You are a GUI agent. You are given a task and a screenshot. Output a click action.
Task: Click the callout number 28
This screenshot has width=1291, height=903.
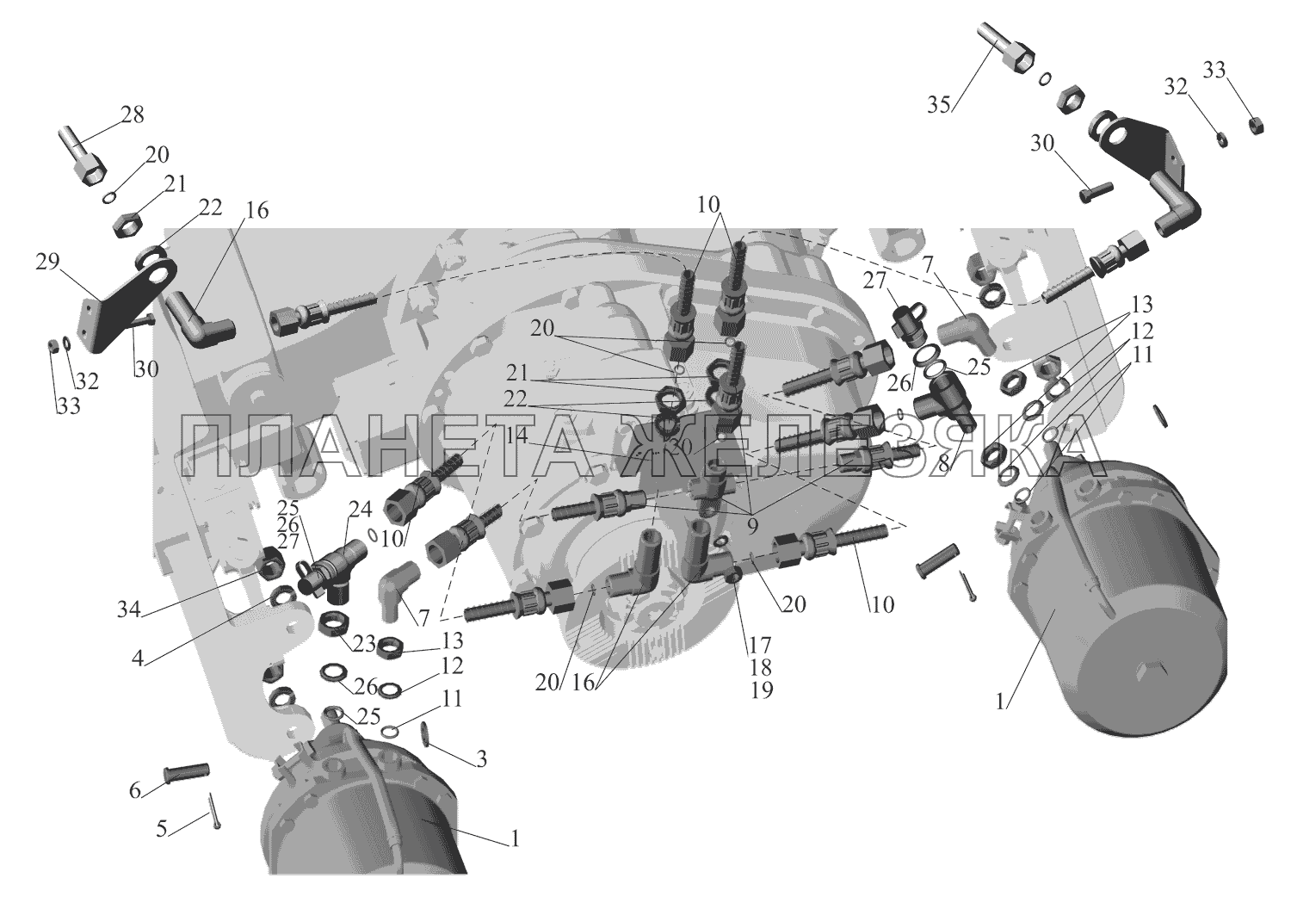click(133, 115)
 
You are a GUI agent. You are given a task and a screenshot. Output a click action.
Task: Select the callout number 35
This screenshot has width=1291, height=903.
click(938, 105)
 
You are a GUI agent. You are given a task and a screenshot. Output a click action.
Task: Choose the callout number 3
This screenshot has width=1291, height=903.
click(481, 758)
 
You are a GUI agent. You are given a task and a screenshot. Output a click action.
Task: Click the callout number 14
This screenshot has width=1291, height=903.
click(516, 436)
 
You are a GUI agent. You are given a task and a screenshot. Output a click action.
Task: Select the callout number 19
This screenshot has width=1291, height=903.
click(762, 689)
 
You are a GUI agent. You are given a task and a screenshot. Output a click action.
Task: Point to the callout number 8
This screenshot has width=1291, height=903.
click(945, 462)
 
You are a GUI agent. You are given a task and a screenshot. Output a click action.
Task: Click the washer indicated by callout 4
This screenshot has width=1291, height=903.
click(281, 597)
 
